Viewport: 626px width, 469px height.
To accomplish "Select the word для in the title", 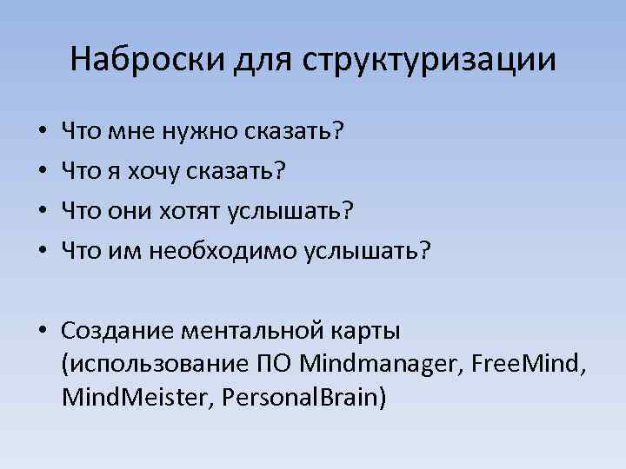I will click(263, 60).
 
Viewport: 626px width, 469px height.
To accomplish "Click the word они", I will click(126, 211).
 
